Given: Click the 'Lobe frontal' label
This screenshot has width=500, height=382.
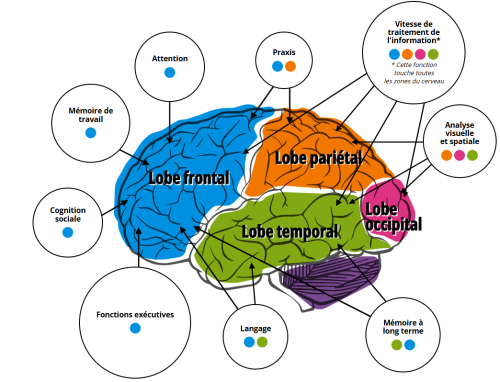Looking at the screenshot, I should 189,177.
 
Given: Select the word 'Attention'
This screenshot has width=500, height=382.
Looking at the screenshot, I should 170,58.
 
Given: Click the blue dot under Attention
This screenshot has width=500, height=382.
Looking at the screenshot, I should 169,73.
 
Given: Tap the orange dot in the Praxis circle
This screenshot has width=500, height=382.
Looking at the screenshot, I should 290,66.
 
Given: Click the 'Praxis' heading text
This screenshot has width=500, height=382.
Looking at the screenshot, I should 283,51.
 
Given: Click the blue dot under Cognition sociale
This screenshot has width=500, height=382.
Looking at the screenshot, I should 67,232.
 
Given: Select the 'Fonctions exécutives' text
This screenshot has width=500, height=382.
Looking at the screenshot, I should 135,314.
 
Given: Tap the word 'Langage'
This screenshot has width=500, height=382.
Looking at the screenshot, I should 255,327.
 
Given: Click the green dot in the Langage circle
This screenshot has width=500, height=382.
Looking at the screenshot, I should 262,342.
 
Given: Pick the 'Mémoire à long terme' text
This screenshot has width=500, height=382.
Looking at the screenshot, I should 404,329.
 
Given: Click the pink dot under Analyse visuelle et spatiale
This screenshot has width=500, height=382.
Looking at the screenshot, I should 459,155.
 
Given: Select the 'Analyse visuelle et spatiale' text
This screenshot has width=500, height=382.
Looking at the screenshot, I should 459,132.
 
